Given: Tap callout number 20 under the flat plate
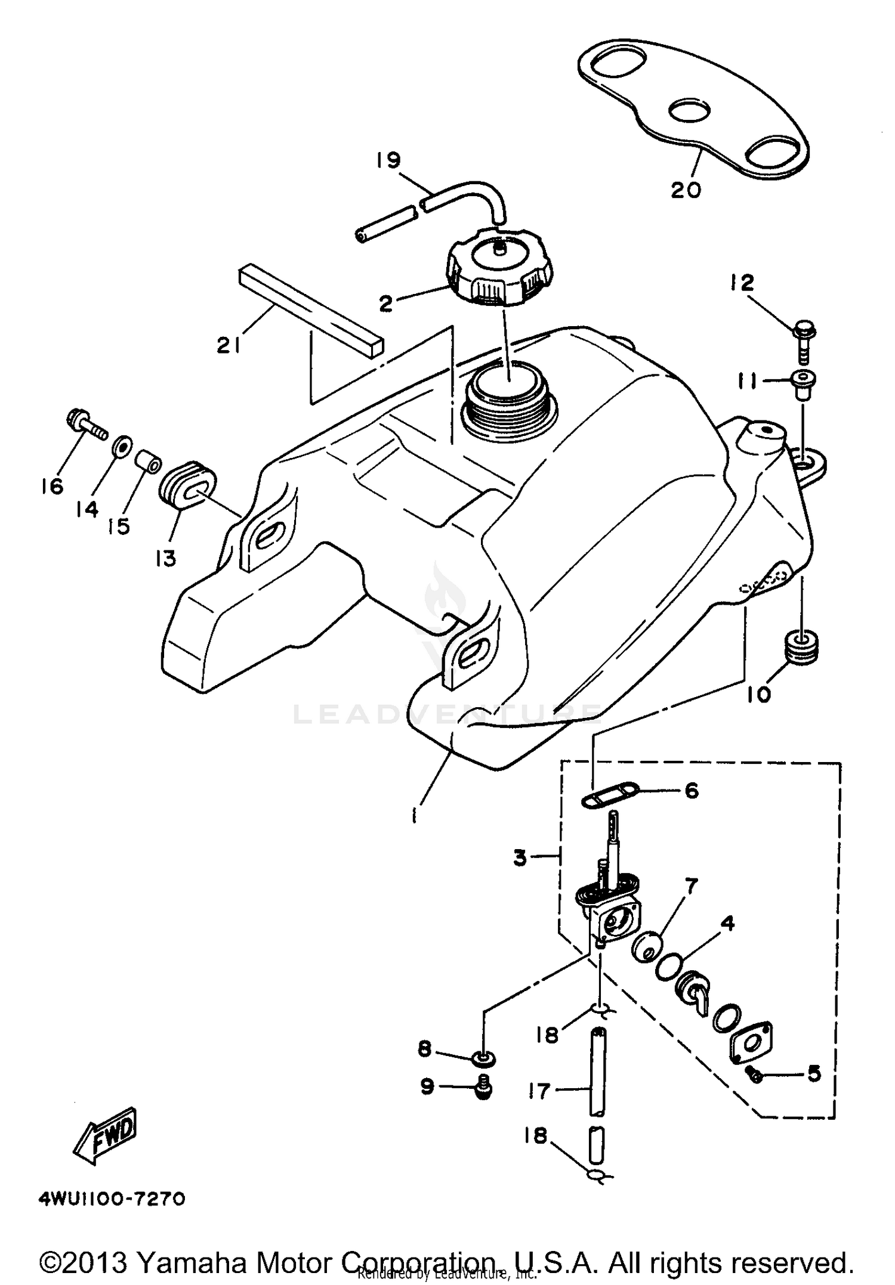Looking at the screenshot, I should [x=686, y=190].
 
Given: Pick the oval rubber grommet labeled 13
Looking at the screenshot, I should [x=186, y=484].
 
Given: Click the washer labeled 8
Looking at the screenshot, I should [x=483, y=1058].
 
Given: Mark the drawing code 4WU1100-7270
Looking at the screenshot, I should [x=112, y=1199].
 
